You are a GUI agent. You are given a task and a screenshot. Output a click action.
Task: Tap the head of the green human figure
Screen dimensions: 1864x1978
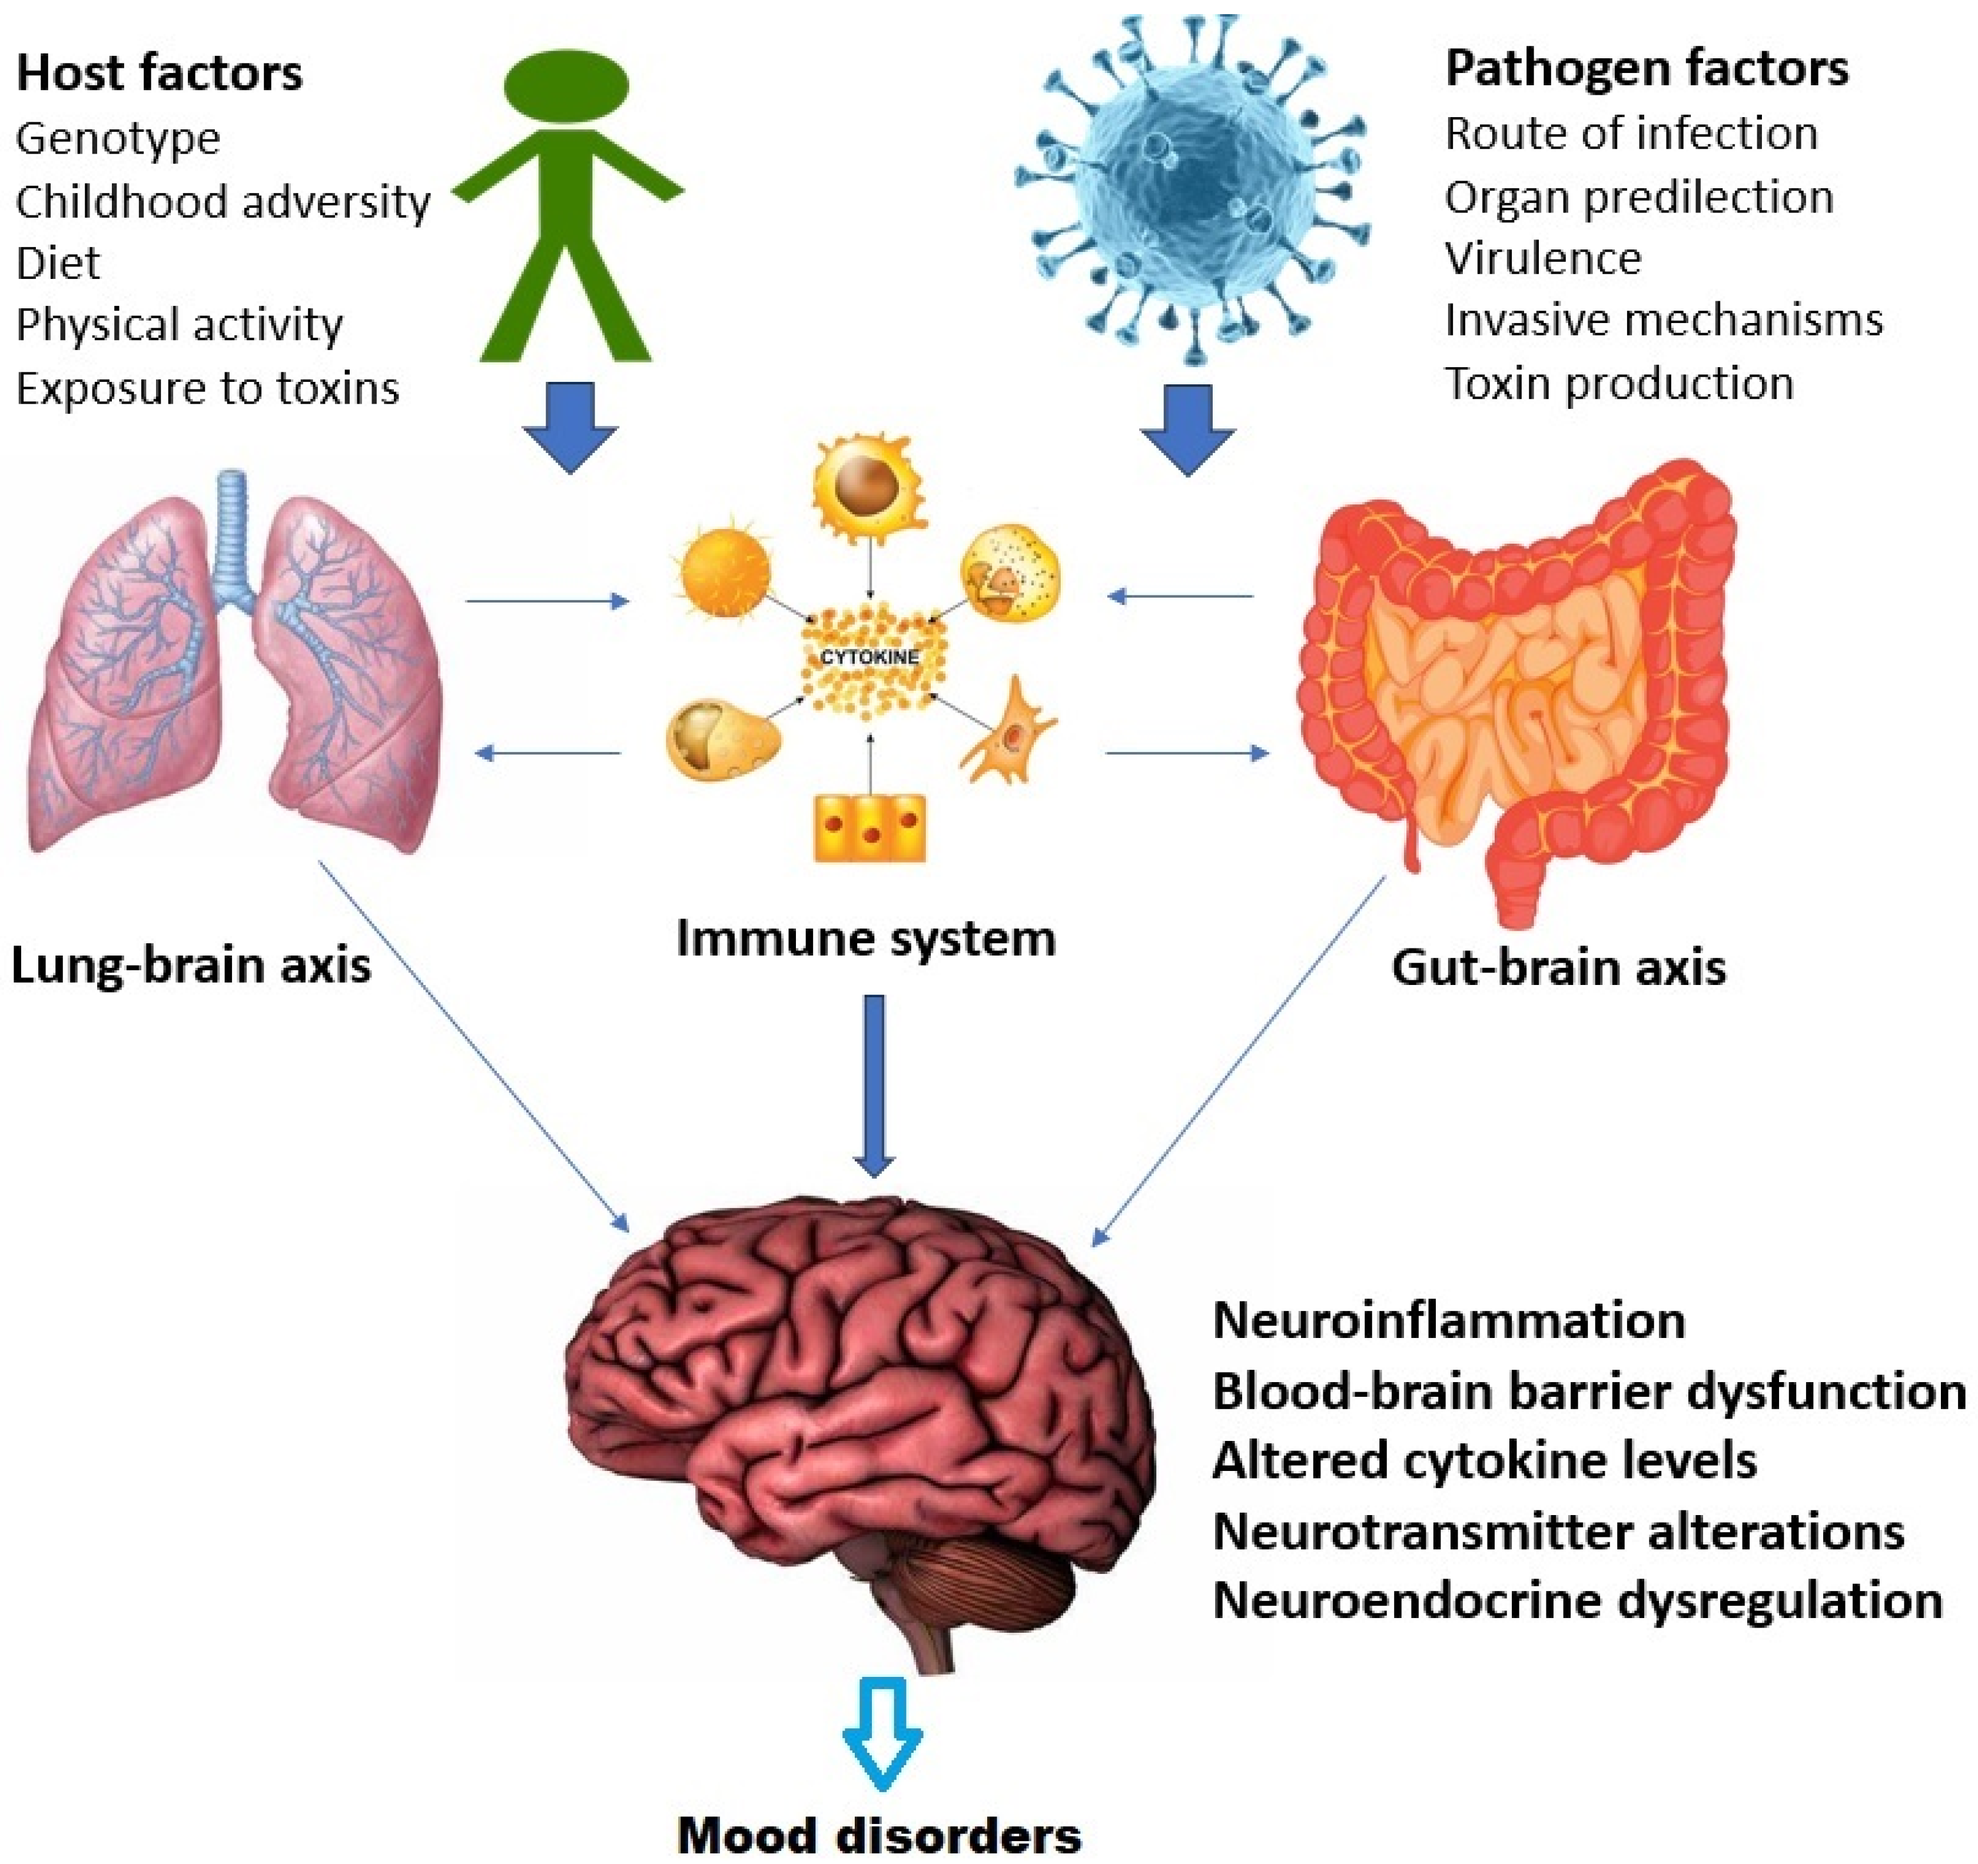[x=566, y=85]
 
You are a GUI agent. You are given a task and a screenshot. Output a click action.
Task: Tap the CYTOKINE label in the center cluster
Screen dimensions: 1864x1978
[x=869, y=657]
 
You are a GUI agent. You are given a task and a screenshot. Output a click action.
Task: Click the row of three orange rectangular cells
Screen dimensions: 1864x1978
[x=869, y=827]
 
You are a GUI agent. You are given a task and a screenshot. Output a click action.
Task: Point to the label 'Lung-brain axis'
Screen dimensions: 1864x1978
[x=191, y=965]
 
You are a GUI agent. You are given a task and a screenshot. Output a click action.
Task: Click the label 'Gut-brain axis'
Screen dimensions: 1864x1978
[x=1558, y=967]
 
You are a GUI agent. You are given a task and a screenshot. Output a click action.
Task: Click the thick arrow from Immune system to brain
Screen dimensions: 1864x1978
[x=874, y=1084]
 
